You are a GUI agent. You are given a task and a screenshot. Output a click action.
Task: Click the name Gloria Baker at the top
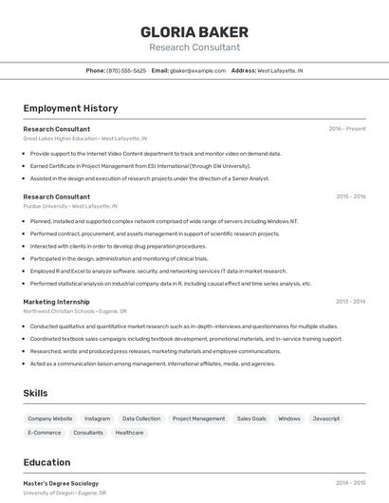[194, 31]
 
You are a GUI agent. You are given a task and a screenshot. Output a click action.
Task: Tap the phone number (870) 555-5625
[126, 70]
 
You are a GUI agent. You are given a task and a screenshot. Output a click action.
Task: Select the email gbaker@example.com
[197, 70]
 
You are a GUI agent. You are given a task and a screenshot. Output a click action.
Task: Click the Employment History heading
[70, 108]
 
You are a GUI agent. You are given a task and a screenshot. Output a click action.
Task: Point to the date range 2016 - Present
[346, 129]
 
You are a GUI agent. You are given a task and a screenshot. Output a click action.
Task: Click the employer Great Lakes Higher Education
[60, 139]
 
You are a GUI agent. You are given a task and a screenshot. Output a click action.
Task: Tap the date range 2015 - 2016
[350, 196]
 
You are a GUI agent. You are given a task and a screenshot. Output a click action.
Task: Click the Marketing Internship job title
[56, 302]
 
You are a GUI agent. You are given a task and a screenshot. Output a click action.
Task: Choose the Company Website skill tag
[49, 419]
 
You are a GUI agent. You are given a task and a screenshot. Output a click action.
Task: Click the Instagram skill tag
[97, 419]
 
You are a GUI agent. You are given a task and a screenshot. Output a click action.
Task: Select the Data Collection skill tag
[141, 419]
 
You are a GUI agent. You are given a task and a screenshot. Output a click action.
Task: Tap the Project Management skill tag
[198, 419]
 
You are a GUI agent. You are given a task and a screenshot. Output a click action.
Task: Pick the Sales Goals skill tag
[251, 419]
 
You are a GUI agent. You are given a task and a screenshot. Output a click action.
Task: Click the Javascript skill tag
[325, 419]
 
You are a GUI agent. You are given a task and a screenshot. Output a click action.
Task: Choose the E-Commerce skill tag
[45, 433]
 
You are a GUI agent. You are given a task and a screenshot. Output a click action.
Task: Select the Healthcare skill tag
[129, 433]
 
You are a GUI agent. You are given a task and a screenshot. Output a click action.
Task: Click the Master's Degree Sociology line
[61, 483]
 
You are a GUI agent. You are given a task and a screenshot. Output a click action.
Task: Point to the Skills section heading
[36, 393]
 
